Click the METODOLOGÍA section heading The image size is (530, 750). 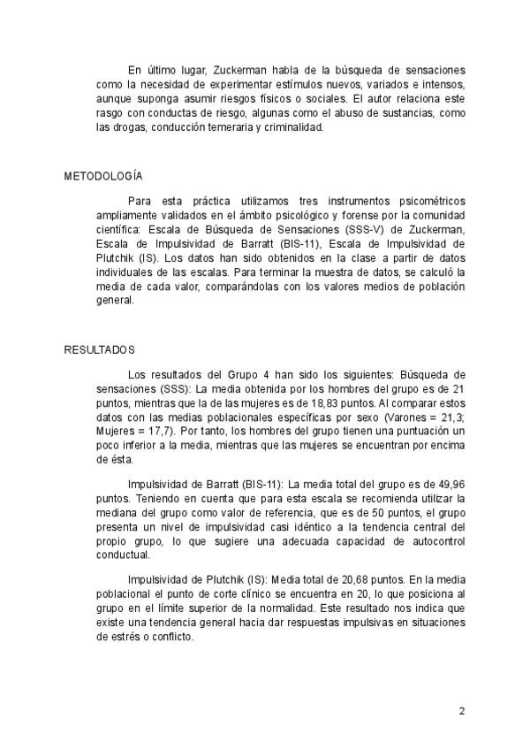point(103,176)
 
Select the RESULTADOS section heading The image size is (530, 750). point(99,349)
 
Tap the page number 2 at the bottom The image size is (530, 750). point(461,710)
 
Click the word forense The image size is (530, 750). point(352,215)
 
